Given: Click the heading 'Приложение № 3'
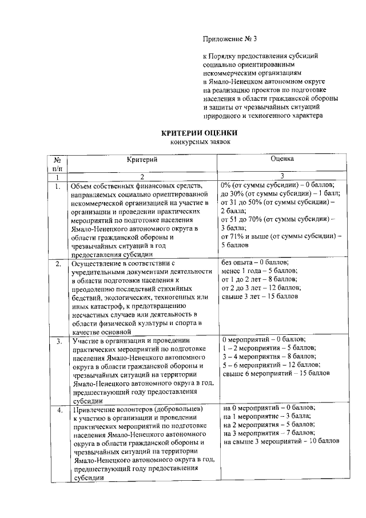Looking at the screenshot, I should click(230, 39).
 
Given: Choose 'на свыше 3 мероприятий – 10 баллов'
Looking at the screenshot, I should click(282, 442).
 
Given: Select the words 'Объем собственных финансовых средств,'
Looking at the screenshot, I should click(136, 187).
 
